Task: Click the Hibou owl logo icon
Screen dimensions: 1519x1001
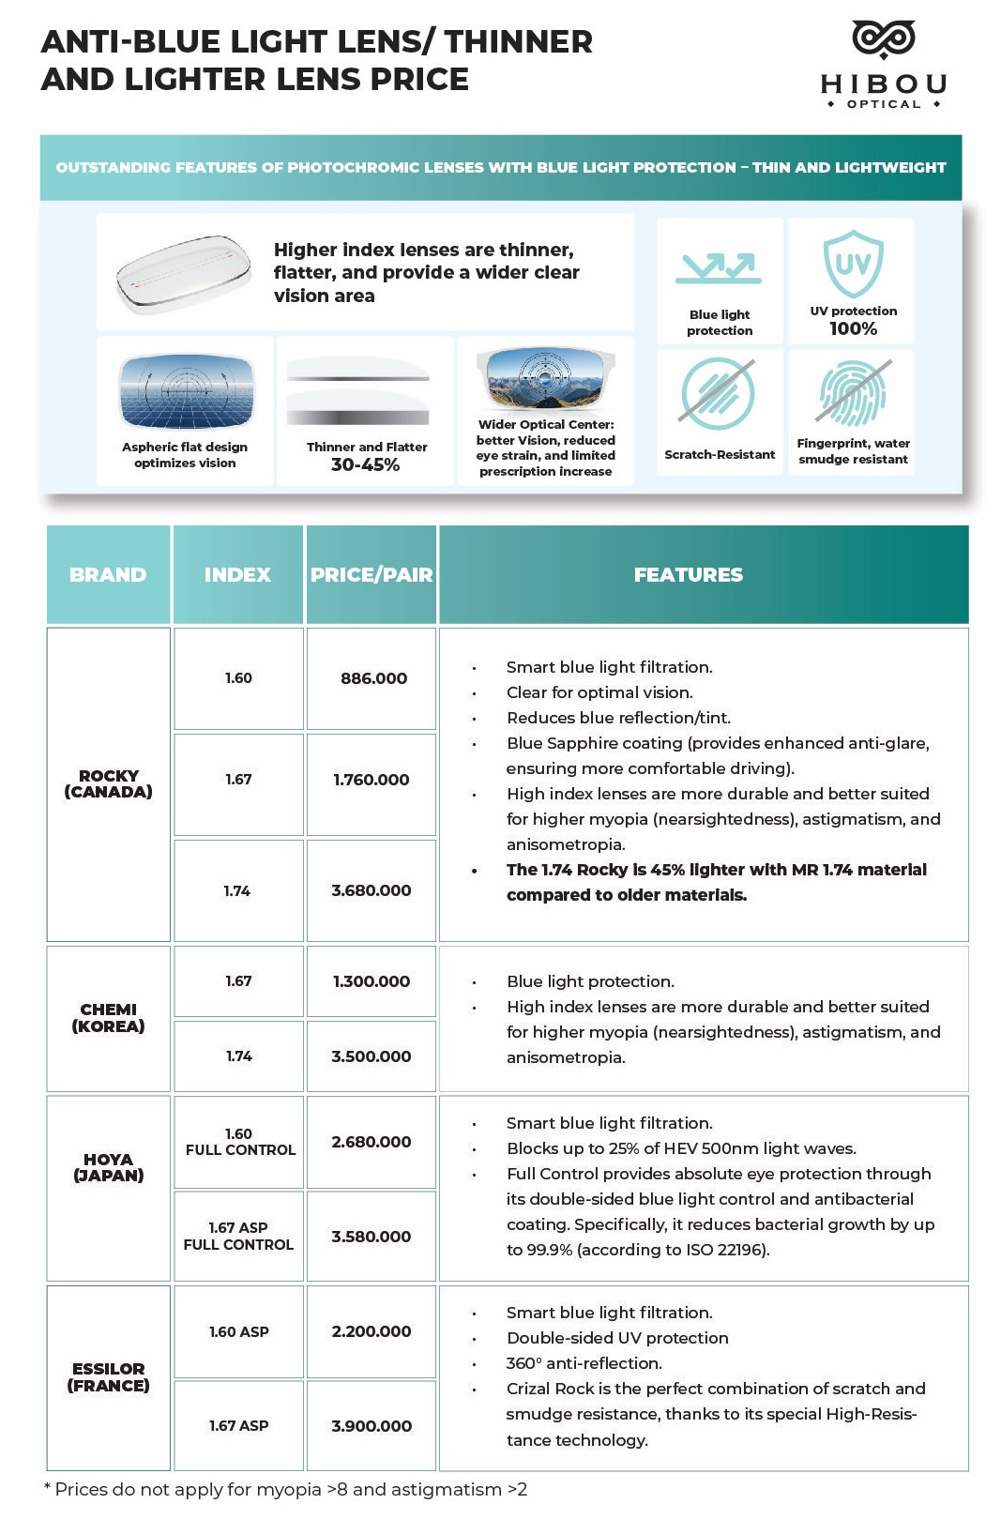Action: (x=883, y=39)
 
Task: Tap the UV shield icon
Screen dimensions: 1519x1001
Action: (x=853, y=263)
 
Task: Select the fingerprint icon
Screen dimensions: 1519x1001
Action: (x=853, y=393)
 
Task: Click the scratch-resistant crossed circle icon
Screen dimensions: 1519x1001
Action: (x=718, y=393)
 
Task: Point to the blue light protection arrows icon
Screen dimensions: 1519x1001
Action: (x=719, y=268)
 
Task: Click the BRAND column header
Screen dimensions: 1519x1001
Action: (x=108, y=575)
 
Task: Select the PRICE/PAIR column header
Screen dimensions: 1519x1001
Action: (x=372, y=575)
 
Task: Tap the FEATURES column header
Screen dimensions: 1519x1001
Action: (x=689, y=575)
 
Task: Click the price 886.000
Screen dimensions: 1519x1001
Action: (x=373, y=678)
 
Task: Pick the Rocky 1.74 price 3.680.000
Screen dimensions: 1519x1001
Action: (x=372, y=890)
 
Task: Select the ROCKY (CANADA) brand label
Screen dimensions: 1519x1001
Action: (x=108, y=783)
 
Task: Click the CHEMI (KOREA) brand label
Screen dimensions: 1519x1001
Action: (x=108, y=1018)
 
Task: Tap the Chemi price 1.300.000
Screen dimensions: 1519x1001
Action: (x=372, y=981)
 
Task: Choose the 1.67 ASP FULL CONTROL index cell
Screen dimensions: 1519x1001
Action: (x=238, y=1236)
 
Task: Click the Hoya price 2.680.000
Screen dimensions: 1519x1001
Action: (x=372, y=1142)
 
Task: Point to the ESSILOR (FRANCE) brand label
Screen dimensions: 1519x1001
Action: (x=108, y=1377)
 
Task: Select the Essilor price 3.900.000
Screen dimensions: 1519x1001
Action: (x=372, y=1426)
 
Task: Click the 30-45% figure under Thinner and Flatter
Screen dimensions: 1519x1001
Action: (x=365, y=465)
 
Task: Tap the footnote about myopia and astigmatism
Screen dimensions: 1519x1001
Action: (x=285, y=1490)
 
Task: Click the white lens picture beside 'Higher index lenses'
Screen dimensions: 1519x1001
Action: (x=185, y=273)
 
